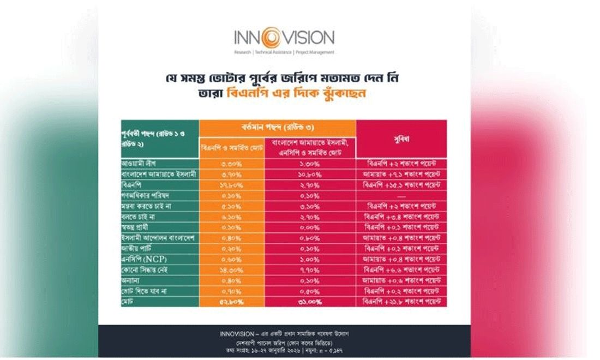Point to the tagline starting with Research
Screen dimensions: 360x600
pyautogui.click(x=284, y=52)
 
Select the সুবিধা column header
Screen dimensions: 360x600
pyautogui.click(x=401, y=139)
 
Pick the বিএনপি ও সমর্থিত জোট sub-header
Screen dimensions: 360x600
pyautogui.click(x=231, y=148)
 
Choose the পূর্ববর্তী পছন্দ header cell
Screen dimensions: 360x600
pyautogui.click(x=159, y=139)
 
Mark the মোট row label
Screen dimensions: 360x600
pyautogui.click(x=128, y=301)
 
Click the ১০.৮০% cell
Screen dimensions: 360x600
pyautogui.click(x=310, y=173)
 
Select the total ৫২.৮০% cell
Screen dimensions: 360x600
pyautogui.click(x=231, y=301)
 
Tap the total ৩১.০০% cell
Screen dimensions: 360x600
pyautogui.click(x=310, y=301)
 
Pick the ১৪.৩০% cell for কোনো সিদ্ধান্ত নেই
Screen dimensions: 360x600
pyautogui.click(x=231, y=269)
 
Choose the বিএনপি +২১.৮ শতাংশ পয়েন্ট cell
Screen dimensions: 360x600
pyautogui.click(x=401, y=301)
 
